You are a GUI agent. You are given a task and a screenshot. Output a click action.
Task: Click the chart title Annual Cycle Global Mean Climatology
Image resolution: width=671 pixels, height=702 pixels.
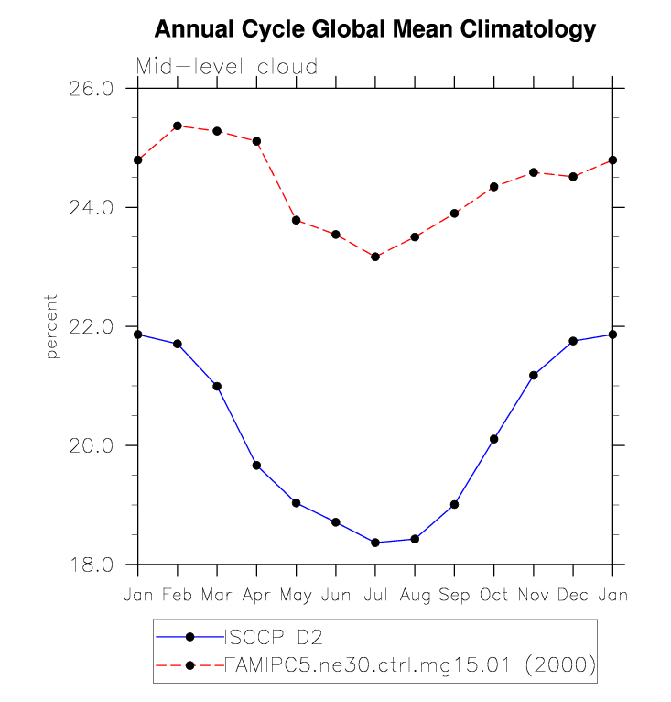click(x=375, y=29)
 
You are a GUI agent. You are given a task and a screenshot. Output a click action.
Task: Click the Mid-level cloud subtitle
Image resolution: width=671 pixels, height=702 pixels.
click(x=227, y=67)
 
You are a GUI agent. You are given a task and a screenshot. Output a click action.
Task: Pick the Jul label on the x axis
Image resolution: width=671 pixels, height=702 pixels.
click(x=375, y=595)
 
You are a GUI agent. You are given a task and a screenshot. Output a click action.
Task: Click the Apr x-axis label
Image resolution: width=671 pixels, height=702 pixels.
click(x=256, y=595)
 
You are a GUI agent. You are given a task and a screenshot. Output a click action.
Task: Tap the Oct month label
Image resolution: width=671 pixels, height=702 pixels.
click(x=494, y=595)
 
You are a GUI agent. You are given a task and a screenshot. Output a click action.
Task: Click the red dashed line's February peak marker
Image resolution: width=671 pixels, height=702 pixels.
click(x=178, y=126)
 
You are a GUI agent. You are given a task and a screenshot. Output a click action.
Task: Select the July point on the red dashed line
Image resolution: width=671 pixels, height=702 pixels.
click(x=375, y=257)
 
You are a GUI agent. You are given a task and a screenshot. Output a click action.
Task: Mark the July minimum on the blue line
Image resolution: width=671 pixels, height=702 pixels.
click(x=375, y=543)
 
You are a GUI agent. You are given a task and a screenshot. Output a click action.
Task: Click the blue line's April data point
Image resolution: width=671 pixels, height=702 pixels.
click(x=256, y=466)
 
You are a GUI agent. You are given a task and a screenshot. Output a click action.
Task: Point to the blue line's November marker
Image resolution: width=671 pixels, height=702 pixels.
click(x=534, y=375)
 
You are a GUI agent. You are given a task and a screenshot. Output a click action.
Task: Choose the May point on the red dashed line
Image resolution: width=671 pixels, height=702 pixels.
click(x=296, y=220)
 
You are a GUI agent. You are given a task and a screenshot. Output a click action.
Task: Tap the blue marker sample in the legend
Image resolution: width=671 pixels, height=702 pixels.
click(x=189, y=636)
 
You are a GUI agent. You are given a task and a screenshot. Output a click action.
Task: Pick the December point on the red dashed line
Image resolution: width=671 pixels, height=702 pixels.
click(x=573, y=177)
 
